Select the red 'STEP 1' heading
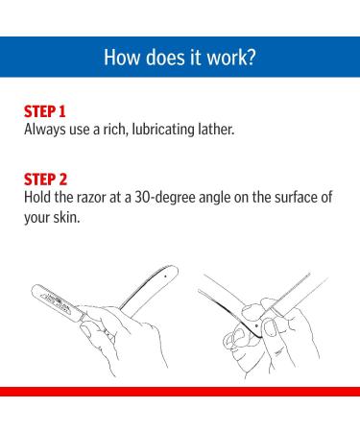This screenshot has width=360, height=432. tap(45, 111)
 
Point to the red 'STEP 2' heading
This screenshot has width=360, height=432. tap(46, 180)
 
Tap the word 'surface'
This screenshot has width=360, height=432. tap(295, 197)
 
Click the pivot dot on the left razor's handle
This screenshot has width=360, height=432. tap(165, 276)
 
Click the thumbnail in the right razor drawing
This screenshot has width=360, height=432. tap(271, 328)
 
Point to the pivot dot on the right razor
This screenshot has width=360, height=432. tap(256, 326)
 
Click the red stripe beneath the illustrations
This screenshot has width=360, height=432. tap(180, 392)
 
